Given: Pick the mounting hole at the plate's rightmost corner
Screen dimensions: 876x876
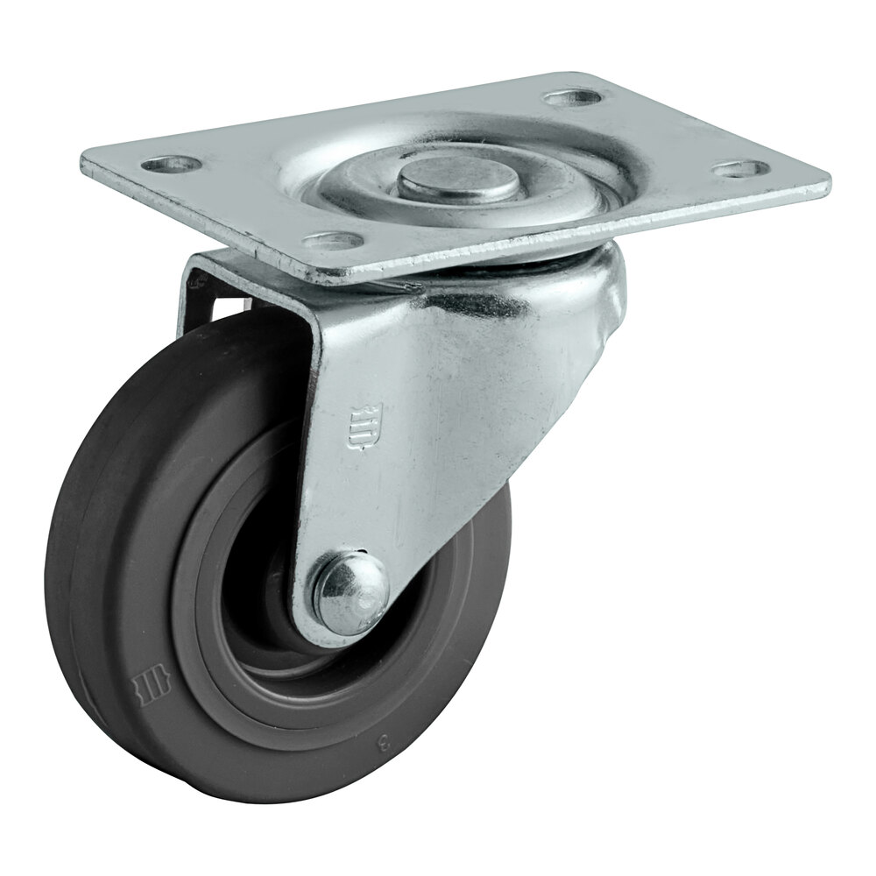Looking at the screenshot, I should pos(738,166).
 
